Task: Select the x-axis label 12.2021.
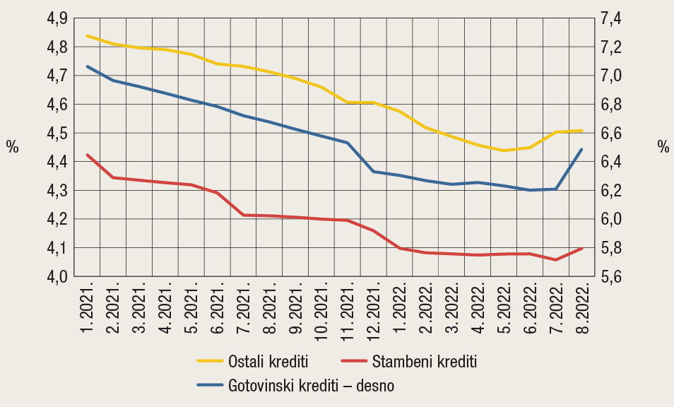374,314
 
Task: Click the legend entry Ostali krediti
268,362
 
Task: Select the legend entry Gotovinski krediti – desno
311,386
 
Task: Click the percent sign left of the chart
12,147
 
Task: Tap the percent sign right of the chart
662,147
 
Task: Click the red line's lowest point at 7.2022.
556,260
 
